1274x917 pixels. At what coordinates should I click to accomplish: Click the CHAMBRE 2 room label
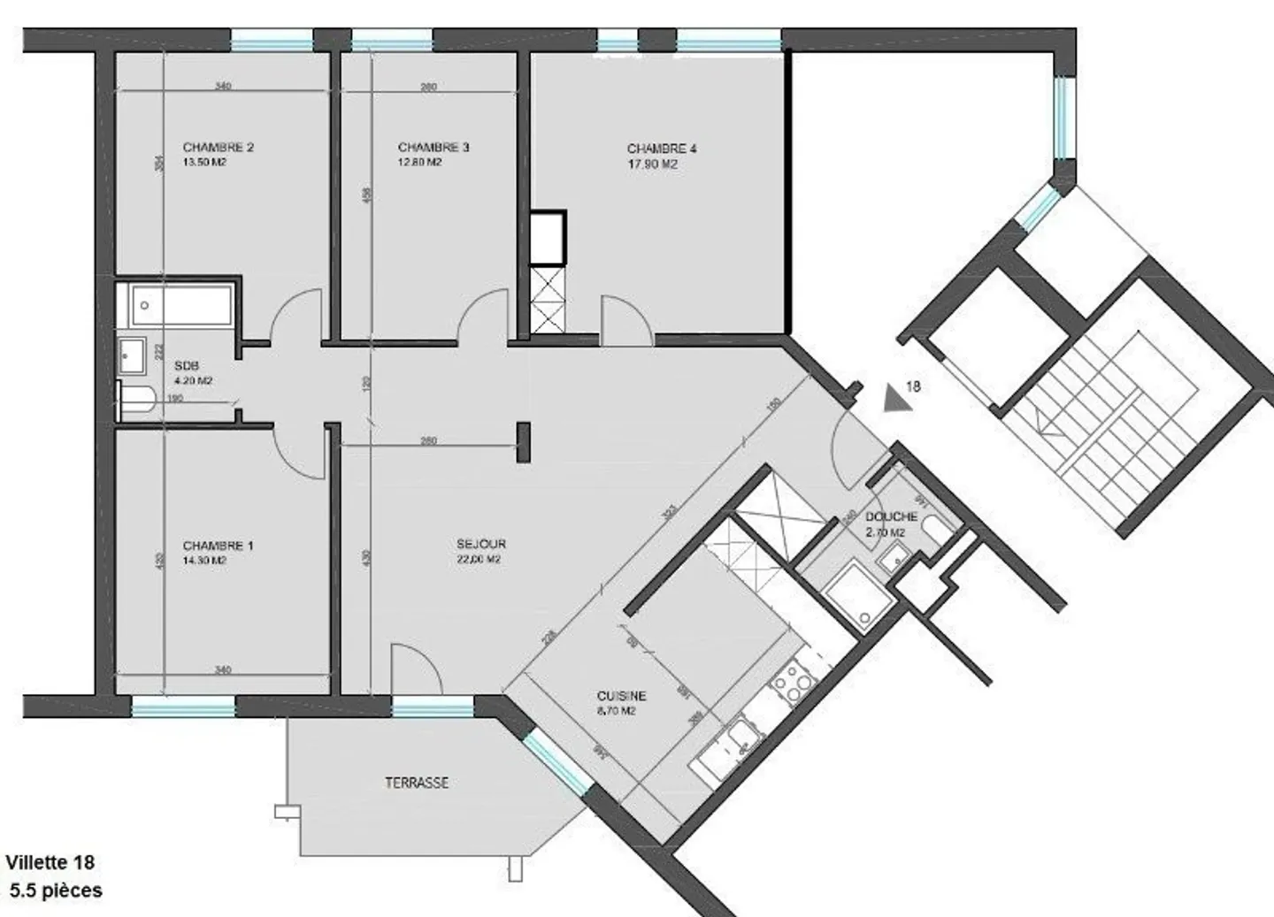[218, 148]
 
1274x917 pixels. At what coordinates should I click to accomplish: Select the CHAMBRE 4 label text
[661, 149]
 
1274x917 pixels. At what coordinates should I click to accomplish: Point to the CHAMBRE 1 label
[218, 546]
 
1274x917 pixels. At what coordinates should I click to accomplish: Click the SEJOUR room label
[481, 544]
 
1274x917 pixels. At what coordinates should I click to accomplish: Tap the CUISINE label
[621, 696]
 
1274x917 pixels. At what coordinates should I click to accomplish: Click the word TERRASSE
[416, 783]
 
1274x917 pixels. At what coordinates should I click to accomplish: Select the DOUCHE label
[891, 516]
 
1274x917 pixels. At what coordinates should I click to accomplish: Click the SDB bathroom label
[186, 366]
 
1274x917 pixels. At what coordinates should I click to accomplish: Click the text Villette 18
[50, 862]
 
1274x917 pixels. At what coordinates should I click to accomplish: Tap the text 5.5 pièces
[56, 890]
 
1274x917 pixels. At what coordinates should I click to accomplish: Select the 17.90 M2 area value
[652, 164]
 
